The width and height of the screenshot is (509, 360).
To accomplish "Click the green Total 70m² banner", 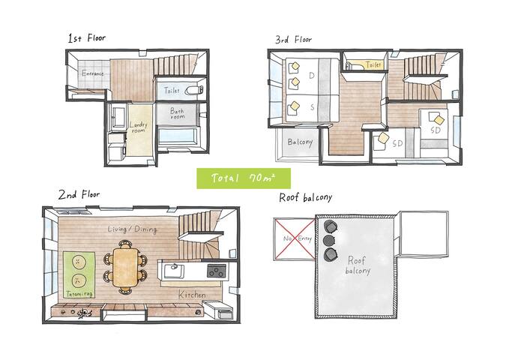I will point(244,179).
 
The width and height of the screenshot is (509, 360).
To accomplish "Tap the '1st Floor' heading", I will point(87,37).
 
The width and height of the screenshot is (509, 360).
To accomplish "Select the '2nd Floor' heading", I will point(77,195).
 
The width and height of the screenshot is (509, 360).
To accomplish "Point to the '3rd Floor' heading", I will point(294,39).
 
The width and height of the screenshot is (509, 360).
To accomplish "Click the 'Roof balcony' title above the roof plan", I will point(305,198).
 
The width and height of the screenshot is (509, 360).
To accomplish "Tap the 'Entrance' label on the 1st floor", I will point(92,74).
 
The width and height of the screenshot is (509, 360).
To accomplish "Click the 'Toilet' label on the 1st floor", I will point(173,89).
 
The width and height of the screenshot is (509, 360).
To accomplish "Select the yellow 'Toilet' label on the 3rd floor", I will point(373,65).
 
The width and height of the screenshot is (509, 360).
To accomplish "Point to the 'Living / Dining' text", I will point(133,229).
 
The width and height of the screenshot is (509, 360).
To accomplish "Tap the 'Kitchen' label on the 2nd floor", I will point(192,295).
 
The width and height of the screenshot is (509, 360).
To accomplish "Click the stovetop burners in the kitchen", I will point(216,271).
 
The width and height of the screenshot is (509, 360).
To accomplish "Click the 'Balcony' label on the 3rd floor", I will point(300,142).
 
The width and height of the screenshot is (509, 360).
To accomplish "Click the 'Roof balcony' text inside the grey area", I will point(355,265).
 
